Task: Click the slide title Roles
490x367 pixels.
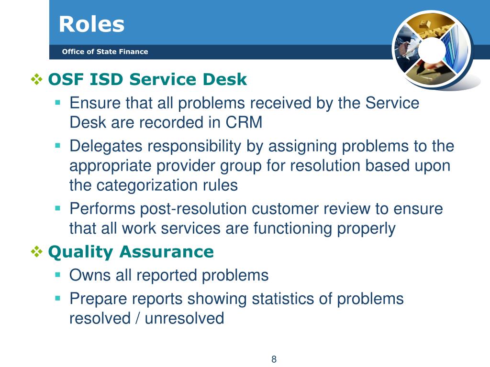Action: pyautogui.click(x=91, y=24)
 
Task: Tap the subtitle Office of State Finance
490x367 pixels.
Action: pyautogui.click(x=105, y=52)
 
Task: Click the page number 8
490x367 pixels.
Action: pyautogui.click(x=274, y=359)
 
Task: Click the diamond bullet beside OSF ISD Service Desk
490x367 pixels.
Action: pyautogui.click(x=36, y=79)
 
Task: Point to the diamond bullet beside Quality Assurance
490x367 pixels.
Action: pyautogui.click(x=36, y=251)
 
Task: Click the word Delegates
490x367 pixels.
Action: pyautogui.click(x=106, y=146)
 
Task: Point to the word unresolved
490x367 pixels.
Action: pyautogui.click(x=184, y=318)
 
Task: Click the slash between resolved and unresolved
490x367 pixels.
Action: pyautogui.click(x=137, y=318)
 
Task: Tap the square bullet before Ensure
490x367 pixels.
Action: pyautogui.click(x=57, y=102)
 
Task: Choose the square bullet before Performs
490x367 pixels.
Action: pyautogui.click(x=57, y=208)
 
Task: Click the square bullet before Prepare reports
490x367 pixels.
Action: pyautogui.click(x=57, y=298)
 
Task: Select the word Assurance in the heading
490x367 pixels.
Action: pyautogui.click(x=167, y=251)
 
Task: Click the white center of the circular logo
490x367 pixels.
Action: pyautogui.click(x=432, y=50)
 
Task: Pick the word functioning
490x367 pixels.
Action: pyautogui.click(x=292, y=228)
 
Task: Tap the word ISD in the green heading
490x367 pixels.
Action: pyautogui.click(x=106, y=79)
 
